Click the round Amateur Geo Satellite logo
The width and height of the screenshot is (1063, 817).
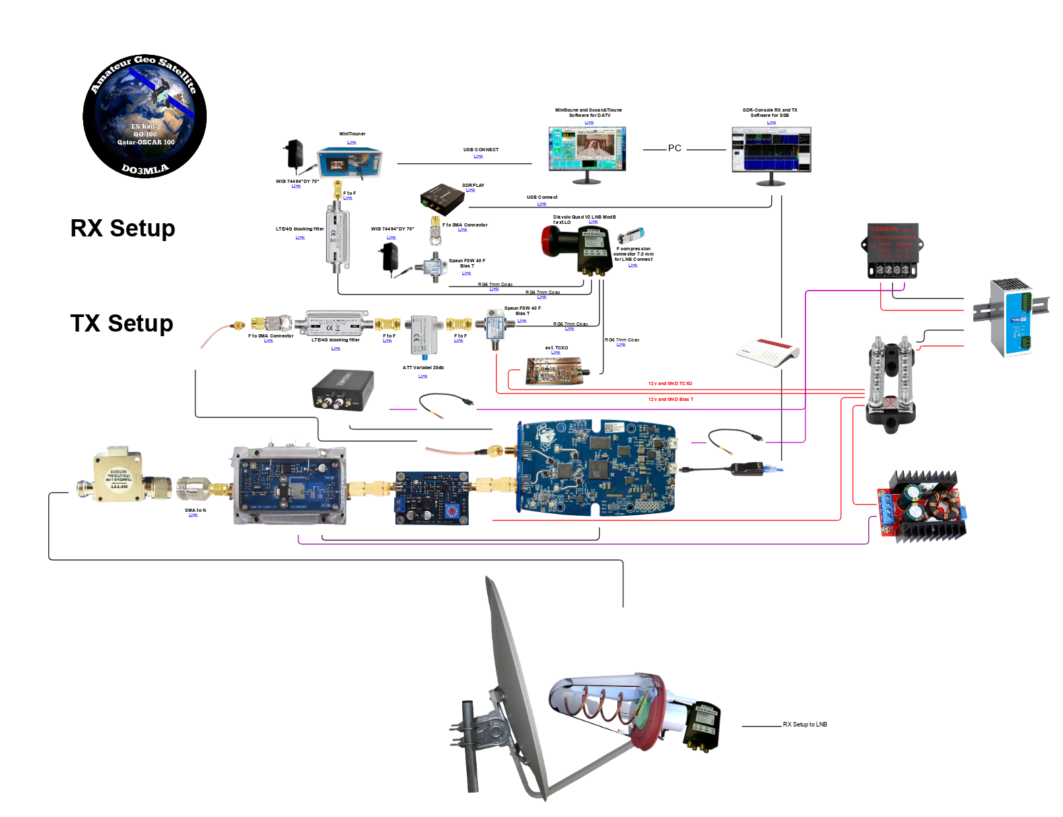tap(145, 116)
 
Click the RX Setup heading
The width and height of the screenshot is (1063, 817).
tap(123, 229)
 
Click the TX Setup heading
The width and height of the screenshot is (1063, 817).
tap(121, 324)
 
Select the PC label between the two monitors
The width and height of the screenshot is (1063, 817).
tap(674, 149)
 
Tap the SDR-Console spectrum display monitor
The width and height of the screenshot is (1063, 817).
tap(771, 150)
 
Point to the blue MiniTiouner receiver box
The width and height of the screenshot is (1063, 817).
tap(349, 162)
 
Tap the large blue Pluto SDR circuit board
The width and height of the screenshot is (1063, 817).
tap(598, 467)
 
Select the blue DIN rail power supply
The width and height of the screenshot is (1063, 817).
tap(1010, 318)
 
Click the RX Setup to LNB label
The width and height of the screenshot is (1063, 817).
tap(805, 725)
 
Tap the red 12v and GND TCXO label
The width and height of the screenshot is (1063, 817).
tap(670, 384)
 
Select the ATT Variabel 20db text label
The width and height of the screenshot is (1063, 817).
tap(423, 368)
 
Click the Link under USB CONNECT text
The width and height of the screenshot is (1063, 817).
tap(478, 157)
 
